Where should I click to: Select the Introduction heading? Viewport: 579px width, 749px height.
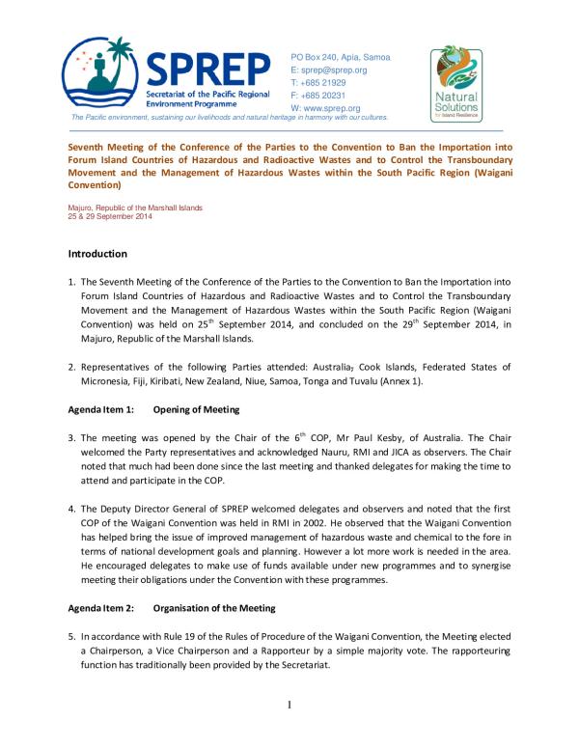pyautogui.click(x=97, y=254)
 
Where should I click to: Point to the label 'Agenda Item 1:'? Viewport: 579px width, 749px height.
pyautogui.click(x=102, y=409)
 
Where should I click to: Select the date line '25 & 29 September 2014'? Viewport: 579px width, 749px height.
pyautogui.click(x=110, y=216)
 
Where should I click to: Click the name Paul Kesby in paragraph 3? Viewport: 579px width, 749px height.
pyautogui.click(x=363, y=436)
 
